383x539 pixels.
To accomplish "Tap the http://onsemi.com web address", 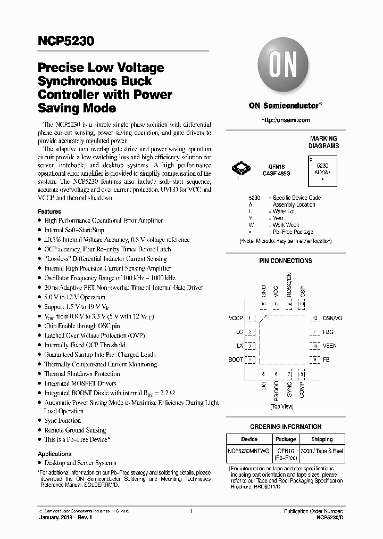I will [x=285, y=120].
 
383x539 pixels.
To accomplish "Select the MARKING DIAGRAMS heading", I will [x=324, y=142].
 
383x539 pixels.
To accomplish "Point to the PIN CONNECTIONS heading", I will [x=285, y=261].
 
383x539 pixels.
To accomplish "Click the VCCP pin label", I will [x=236, y=318].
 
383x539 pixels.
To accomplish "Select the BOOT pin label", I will [x=236, y=360].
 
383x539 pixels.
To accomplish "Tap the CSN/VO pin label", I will [x=332, y=318].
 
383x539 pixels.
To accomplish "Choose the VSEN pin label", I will [x=330, y=346].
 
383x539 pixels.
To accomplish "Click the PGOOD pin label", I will [x=277, y=387].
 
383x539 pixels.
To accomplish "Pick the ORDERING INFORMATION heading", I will [x=286, y=427].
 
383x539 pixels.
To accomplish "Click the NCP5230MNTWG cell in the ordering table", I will [x=249, y=451].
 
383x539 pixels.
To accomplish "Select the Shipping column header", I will [x=322, y=439].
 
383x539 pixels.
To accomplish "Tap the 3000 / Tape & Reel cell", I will [x=322, y=451].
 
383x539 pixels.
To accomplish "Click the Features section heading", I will [x=49, y=211].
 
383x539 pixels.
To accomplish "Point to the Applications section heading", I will [x=55, y=454].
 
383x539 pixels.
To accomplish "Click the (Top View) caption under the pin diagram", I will [x=282, y=406].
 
